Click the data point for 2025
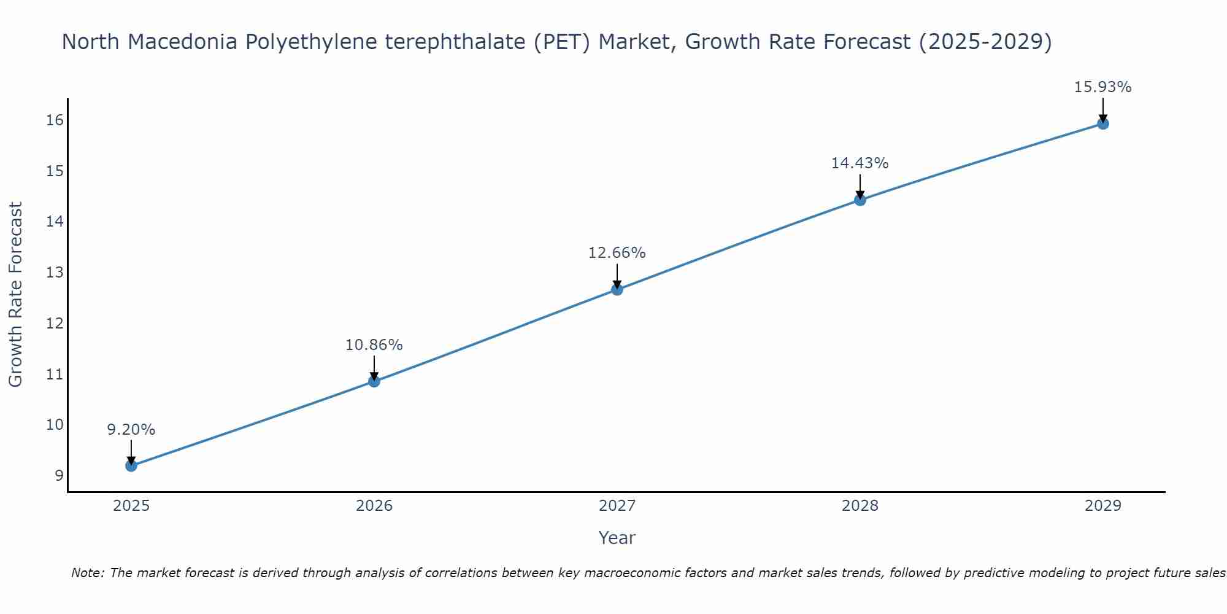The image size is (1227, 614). coord(131,465)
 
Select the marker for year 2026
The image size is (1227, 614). coord(374,381)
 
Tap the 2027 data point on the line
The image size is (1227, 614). coord(617,289)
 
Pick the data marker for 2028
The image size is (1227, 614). coord(860,200)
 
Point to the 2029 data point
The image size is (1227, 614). coord(1102,123)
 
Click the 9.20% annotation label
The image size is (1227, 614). coord(131,430)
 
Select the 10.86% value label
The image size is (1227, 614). coord(374,345)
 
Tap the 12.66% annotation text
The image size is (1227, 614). coord(617,253)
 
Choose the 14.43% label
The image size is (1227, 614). coord(860,163)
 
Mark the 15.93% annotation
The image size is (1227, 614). coord(1102,87)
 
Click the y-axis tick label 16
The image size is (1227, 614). coord(55,120)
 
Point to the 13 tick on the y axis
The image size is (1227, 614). coord(55,272)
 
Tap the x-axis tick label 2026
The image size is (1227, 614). coord(374,506)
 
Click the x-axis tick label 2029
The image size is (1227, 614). coord(1102,506)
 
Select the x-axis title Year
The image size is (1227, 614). coord(617,538)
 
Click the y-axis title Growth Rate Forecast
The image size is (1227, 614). coord(16,295)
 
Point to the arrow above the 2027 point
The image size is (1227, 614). coord(617,274)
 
